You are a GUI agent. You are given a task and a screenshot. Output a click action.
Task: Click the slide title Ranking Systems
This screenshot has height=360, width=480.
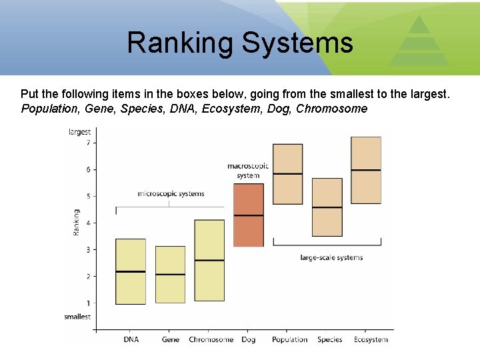(x=239, y=43)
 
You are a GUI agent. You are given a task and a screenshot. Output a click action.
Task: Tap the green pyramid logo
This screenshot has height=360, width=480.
(x=419, y=43)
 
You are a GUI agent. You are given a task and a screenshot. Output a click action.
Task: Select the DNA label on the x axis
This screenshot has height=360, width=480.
(x=131, y=339)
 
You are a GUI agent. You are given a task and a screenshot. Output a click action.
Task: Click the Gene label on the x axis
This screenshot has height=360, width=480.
(x=171, y=339)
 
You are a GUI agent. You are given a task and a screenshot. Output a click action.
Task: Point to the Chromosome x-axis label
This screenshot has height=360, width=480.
(x=211, y=339)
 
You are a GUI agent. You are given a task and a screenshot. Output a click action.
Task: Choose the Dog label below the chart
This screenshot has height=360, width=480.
(x=248, y=339)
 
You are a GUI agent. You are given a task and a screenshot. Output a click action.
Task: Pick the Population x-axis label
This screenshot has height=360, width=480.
(x=289, y=339)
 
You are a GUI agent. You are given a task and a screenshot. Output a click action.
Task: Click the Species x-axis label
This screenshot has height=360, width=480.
(x=329, y=339)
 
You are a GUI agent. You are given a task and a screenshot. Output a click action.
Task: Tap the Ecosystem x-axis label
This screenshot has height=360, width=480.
(x=371, y=339)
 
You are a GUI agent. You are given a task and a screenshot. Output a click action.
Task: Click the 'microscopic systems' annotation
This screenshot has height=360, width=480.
(x=171, y=194)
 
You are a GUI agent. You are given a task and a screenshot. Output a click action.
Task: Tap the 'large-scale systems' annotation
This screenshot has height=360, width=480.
(x=331, y=257)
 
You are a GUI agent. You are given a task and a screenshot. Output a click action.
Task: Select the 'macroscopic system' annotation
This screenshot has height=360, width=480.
(x=248, y=171)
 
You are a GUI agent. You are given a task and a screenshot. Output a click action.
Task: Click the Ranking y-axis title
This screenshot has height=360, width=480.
(x=77, y=222)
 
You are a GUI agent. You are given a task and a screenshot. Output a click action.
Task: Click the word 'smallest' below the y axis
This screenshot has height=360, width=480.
(x=77, y=317)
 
